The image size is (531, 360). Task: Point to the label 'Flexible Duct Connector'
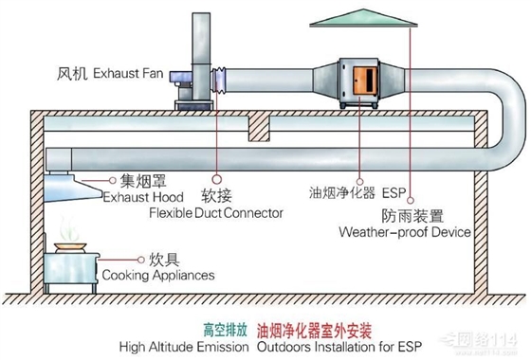(216, 213)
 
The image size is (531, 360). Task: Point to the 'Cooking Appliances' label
(156, 275)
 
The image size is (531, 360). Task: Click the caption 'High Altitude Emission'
(184, 347)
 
